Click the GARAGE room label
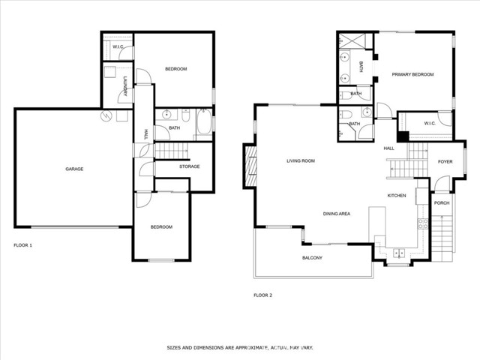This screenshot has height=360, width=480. [74, 169]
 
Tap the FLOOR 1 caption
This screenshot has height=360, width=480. [23, 245]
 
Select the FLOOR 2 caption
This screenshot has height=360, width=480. [263, 295]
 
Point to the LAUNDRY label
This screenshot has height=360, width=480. [125, 86]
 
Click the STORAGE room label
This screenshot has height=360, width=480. [190, 166]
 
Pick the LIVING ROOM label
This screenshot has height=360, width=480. [301, 161]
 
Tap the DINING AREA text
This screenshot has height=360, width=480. [337, 214]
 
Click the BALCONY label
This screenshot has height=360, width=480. [312, 258]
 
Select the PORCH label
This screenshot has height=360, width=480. [442, 203]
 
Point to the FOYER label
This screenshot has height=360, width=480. [445, 162]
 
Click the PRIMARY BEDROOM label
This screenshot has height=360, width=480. [412, 74]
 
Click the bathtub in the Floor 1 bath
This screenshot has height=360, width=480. [204, 122]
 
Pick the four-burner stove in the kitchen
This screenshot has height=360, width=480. [423, 223]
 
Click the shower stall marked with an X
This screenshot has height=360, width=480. [352, 40]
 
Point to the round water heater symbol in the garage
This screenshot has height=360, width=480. [106, 115]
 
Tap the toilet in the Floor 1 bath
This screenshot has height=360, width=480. [186, 115]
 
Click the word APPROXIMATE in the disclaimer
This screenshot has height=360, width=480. [250, 348]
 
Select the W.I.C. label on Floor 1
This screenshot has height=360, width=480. [118, 46]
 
